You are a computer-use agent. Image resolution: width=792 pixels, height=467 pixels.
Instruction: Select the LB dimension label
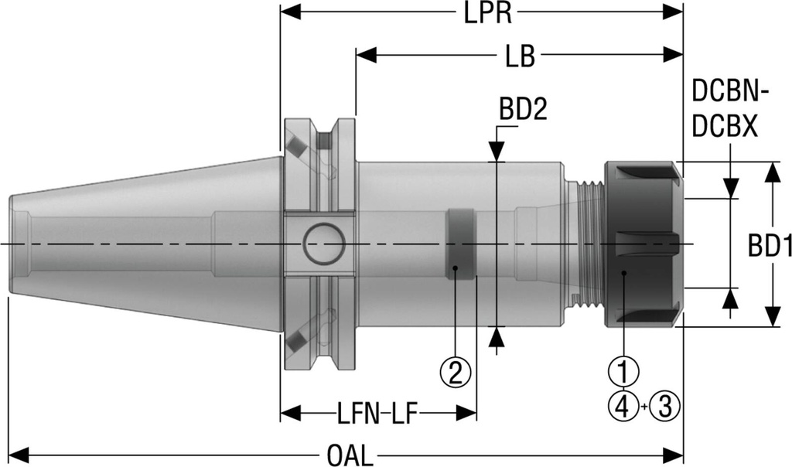click(x=518, y=56)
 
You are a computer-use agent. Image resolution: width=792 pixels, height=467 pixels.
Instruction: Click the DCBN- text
click(x=730, y=94)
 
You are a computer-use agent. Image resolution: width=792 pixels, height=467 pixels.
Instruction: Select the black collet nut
click(x=642, y=244)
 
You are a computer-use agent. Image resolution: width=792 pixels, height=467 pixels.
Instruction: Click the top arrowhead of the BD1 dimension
click(x=771, y=172)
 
